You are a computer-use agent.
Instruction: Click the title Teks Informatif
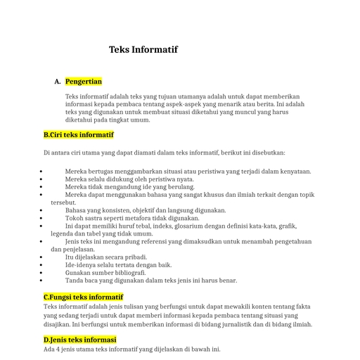[143, 50]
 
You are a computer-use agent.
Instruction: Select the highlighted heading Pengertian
[84, 82]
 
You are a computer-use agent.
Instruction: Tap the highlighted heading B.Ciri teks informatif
[78, 134]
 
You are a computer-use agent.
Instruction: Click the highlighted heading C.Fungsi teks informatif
[83, 297]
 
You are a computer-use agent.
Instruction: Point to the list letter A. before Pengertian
[57, 82]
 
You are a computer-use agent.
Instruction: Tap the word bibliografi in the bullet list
[129, 273]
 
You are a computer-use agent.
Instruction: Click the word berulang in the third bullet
[180, 187]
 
